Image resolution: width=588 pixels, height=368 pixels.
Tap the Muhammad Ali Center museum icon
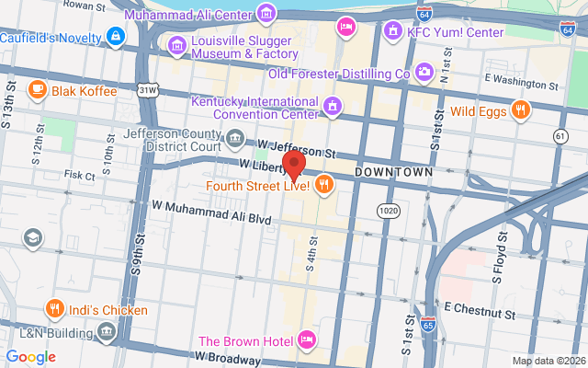(266, 12)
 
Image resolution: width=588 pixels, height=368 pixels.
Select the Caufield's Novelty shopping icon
(115, 37)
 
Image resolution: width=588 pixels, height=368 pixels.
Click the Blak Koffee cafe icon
(38, 90)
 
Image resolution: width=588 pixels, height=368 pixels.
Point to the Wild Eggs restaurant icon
(521, 111)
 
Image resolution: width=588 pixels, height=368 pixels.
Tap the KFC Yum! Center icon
(393, 29)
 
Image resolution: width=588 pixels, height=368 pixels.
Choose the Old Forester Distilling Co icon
(424, 72)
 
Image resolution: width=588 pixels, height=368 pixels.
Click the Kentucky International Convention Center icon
(332, 108)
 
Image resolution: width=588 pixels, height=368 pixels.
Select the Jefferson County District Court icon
(236, 140)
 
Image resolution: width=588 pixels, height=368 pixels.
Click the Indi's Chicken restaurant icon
(55, 309)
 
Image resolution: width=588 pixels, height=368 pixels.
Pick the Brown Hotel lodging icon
(307, 340)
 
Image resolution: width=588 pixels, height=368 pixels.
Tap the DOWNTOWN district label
(393, 172)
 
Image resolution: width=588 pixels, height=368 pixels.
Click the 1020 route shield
(390, 211)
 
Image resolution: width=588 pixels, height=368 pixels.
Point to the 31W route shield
(146, 90)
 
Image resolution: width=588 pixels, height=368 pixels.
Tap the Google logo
(30, 357)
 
